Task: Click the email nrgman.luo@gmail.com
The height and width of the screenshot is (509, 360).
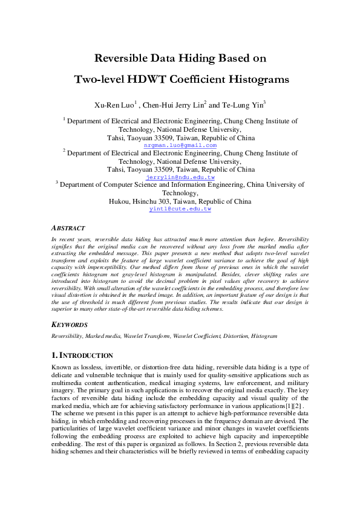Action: [180, 146]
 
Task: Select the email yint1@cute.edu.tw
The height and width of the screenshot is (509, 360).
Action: [180, 209]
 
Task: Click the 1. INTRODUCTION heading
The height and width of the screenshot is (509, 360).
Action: [82, 355]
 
